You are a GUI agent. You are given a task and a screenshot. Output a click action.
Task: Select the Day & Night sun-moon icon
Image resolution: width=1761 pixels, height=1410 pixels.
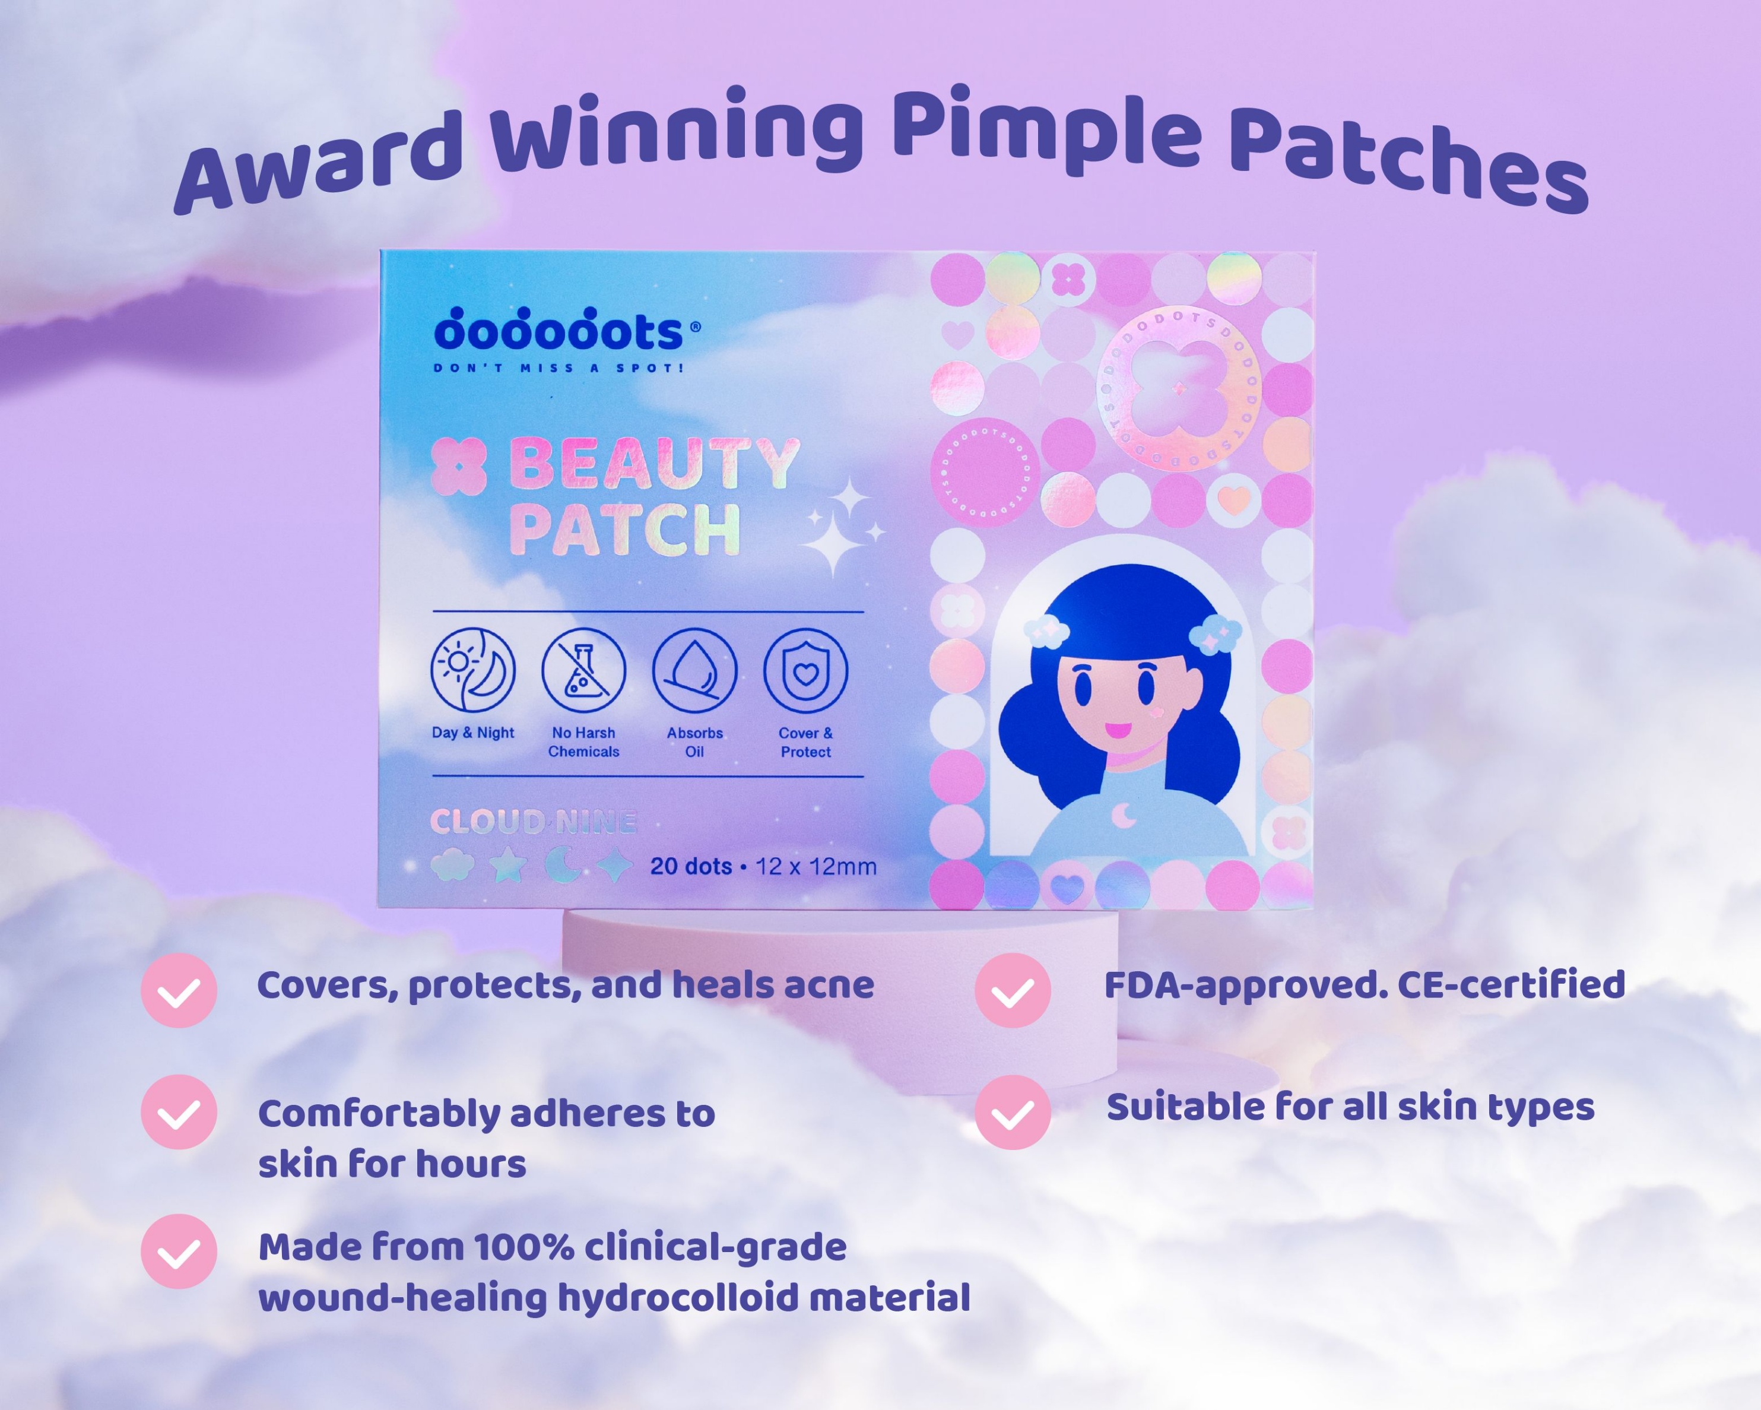[473, 670]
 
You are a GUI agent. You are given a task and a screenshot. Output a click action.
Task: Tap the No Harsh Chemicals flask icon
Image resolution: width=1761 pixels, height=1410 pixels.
[583, 670]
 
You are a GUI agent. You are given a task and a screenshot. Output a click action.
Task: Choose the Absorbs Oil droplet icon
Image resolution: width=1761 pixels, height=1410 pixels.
[694, 670]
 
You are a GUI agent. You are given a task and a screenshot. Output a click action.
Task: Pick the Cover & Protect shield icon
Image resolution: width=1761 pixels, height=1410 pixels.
[805, 670]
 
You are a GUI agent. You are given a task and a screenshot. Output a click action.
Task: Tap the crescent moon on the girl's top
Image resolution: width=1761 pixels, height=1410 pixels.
[1125, 815]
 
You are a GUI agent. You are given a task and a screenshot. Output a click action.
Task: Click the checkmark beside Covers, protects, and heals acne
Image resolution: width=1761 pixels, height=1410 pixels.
[179, 990]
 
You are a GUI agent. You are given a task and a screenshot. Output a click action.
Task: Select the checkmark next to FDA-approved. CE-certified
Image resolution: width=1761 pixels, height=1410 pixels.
[1012, 990]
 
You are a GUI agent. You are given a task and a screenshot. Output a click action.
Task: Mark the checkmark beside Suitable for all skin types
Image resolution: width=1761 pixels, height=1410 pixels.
[1012, 1112]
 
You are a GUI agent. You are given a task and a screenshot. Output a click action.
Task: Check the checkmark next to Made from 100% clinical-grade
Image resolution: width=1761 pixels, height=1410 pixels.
[179, 1251]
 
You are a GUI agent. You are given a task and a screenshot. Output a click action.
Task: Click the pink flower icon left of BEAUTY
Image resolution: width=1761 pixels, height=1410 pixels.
[458, 465]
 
